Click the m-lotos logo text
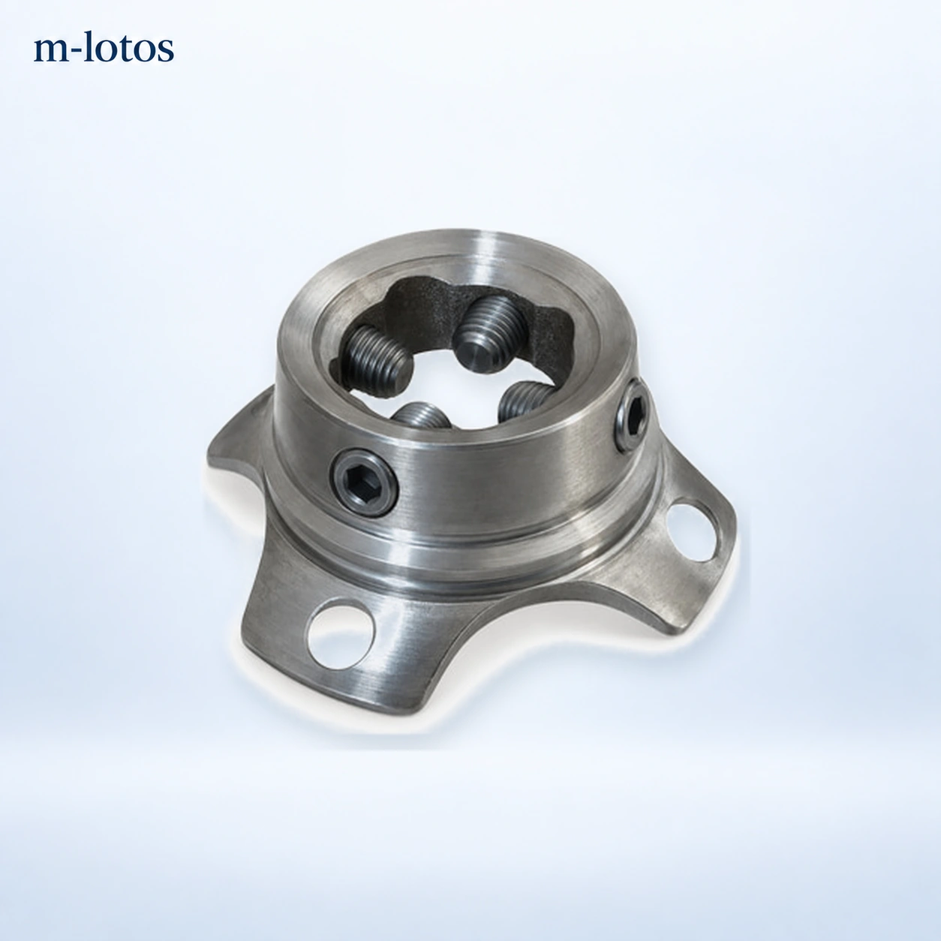point(104,48)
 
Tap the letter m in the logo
point(50,51)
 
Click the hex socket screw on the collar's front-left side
point(364,482)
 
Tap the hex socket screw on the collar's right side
point(633,416)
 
